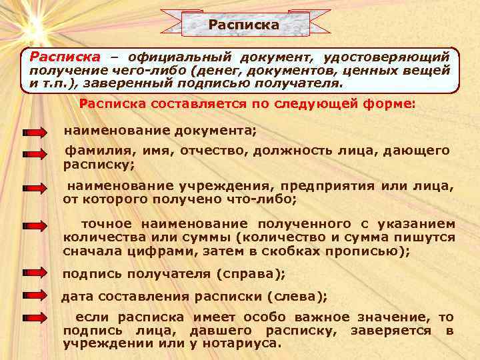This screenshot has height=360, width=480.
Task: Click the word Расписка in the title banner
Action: point(243,25)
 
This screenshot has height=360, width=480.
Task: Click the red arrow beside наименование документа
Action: point(33,131)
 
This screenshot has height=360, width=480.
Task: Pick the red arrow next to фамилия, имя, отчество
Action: point(33,154)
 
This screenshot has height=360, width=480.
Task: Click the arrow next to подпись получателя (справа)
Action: point(33,273)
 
